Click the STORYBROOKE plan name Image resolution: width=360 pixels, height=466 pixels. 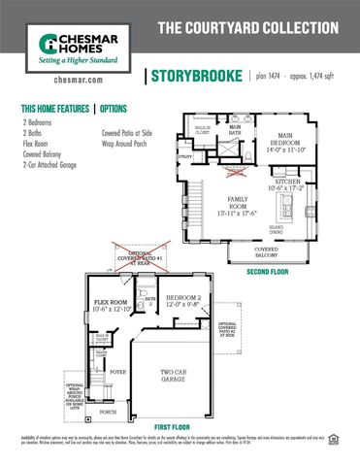[193, 77]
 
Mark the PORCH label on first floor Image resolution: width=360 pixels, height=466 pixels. [108, 412]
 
